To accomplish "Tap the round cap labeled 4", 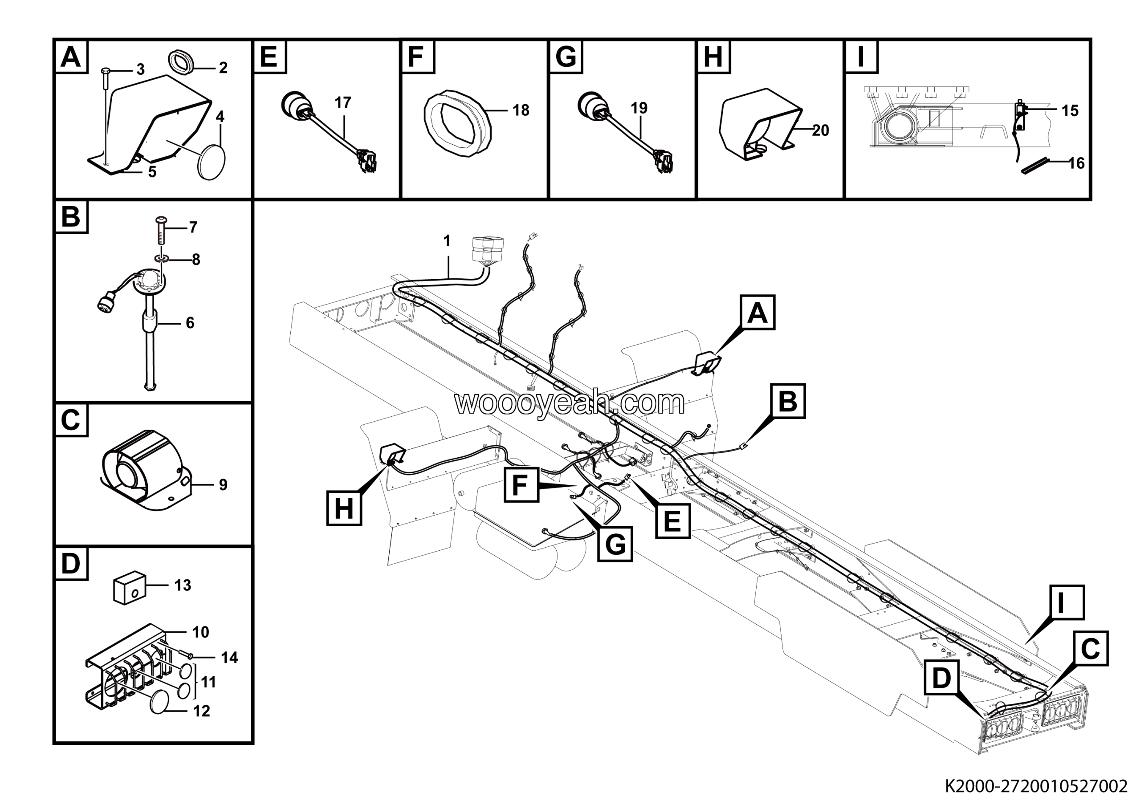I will tap(212, 162).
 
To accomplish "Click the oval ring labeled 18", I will tap(457, 124).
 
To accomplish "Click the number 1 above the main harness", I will tap(447, 241).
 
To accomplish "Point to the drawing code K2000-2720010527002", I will tap(1036, 786).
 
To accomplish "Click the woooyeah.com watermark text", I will tap(569, 402).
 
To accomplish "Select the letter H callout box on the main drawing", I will tap(344, 509).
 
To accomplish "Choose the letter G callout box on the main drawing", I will tap(615, 545).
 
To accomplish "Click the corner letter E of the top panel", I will tap(269, 57).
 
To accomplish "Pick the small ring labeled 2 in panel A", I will tap(181, 62).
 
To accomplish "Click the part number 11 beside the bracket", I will tap(208, 682).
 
